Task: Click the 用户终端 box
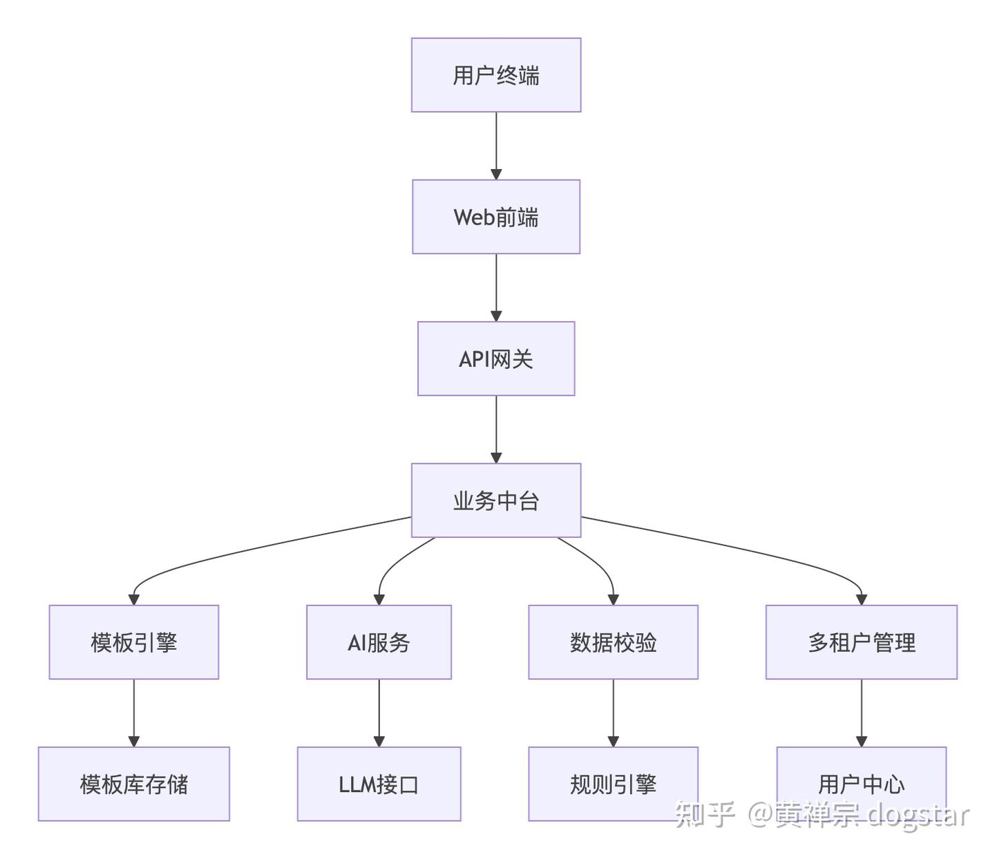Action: click(x=495, y=75)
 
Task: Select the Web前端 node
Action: click(x=495, y=217)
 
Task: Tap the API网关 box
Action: click(x=495, y=358)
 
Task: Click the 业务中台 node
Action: click(x=495, y=500)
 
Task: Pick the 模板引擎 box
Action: click(x=133, y=642)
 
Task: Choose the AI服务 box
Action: click(x=379, y=642)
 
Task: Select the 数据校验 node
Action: click(x=613, y=642)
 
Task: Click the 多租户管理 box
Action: click(x=861, y=642)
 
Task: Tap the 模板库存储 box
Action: click(x=133, y=784)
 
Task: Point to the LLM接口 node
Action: click(x=379, y=784)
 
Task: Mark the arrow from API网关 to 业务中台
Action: click(x=495, y=428)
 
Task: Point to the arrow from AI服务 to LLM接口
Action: click(x=379, y=711)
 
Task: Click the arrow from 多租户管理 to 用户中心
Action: click(x=861, y=711)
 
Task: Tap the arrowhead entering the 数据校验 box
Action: click(x=613, y=599)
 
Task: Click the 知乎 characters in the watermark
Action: click(x=703, y=815)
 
